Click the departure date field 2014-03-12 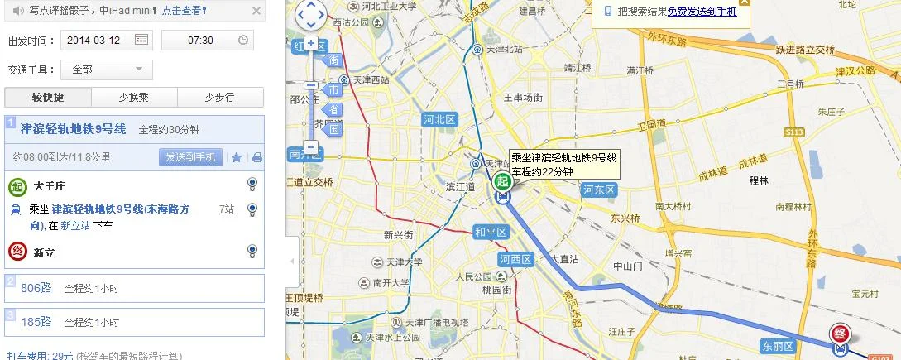pyautogui.click(x=99, y=40)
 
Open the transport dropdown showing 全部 pyautogui.click(x=108, y=70)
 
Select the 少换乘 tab pyautogui.click(x=134, y=98)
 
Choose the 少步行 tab pyautogui.click(x=219, y=98)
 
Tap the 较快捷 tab pyautogui.click(x=48, y=98)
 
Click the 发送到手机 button pyautogui.click(x=190, y=157)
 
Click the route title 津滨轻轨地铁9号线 pyautogui.click(x=73, y=129)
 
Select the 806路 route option pyautogui.click(x=36, y=288)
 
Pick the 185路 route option pyautogui.click(x=36, y=322)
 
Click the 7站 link pyautogui.click(x=227, y=209)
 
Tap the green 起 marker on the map pyautogui.click(x=501, y=181)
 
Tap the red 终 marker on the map pyautogui.click(x=841, y=334)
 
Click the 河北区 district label pyautogui.click(x=439, y=119)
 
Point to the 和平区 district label pyautogui.click(x=490, y=232)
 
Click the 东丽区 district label pyautogui.click(x=778, y=345)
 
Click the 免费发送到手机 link pyautogui.click(x=702, y=12)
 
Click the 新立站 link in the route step pyautogui.click(x=75, y=225)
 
